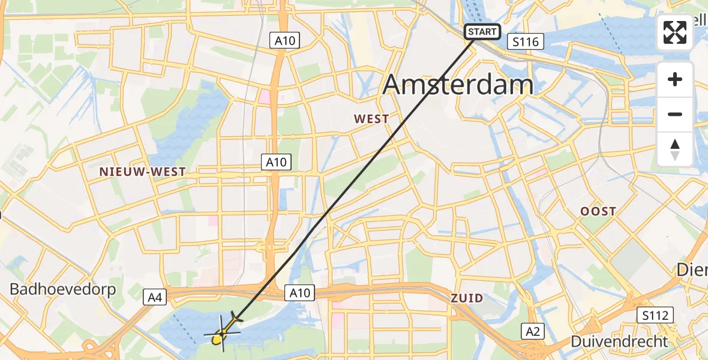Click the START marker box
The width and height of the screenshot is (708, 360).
pos(482,31)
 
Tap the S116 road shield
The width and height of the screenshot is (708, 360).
pos(526,41)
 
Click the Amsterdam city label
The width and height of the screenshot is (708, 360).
pos(458,85)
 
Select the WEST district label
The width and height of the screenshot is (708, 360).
pos(371,119)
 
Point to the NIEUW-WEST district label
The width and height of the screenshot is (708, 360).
pos(143,172)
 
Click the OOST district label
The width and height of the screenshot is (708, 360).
pos(598,211)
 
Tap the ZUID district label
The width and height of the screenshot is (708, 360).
pos(467,298)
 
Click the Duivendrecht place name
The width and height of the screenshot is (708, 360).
pos(619,341)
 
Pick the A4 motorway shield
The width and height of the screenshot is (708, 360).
pos(155,296)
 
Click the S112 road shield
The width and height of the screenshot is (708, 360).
pos(655,314)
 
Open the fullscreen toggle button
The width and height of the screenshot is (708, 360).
pos(675,32)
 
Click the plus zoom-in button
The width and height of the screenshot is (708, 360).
pos(675,79)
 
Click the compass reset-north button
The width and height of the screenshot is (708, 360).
pos(675,149)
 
